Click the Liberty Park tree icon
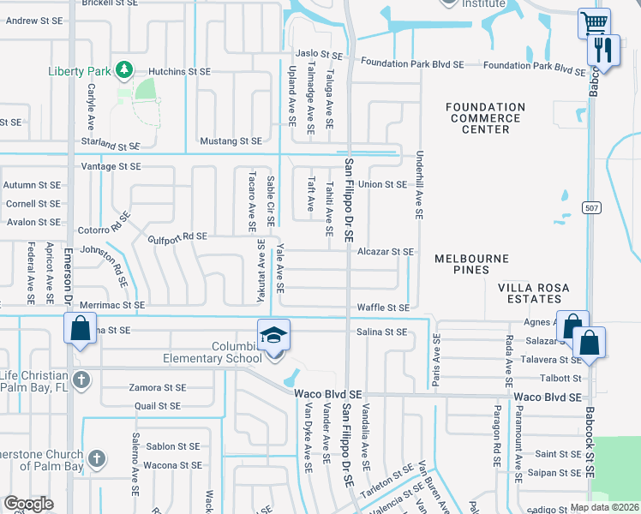click(124, 69)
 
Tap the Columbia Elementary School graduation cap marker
click(274, 334)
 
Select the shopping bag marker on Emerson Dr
click(80, 329)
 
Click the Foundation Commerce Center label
click(486, 118)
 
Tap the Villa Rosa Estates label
click(530, 293)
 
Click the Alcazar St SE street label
click(386, 252)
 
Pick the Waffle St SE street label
click(382, 307)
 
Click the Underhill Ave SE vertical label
click(420, 189)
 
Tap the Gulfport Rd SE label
click(177, 236)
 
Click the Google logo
click(28, 504)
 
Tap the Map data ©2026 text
click(604, 507)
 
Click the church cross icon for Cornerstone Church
click(97, 458)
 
